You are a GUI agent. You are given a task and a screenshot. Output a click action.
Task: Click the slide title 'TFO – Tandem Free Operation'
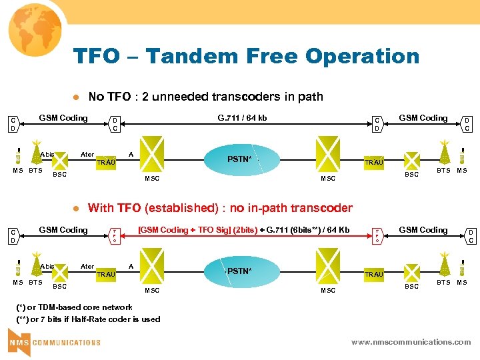pos(246,56)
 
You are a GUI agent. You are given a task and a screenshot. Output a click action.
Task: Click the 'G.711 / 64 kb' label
pos(242,118)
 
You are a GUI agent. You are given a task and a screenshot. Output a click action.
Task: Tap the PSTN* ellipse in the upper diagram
pos(239,159)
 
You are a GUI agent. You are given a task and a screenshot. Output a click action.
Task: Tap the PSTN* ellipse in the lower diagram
pos(239,271)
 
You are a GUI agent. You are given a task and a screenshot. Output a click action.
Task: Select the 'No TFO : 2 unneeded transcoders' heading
pos(205,97)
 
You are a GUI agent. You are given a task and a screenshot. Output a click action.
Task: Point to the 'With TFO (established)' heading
pos(220,208)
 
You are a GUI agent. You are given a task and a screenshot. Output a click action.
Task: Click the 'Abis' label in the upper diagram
pos(47,154)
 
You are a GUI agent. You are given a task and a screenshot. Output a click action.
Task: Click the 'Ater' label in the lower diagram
pos(87,266)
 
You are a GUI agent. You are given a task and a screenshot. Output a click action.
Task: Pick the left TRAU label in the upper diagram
pos(106,162)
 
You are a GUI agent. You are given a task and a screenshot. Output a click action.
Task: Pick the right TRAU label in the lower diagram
pos(373,274)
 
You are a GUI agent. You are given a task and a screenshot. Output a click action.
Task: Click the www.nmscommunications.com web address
pos(411,342)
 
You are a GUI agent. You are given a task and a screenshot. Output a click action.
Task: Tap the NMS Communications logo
pos(55,342)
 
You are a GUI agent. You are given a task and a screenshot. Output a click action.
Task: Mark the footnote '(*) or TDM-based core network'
pos(74,307)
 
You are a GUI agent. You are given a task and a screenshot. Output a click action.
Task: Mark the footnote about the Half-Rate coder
pos(88,319)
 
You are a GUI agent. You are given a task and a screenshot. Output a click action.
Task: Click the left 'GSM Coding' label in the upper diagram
pos(63,118)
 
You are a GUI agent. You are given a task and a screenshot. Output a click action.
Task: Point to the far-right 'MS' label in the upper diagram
pos(461,171)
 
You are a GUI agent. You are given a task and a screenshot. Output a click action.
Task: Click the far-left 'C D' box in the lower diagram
pos(13,235)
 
